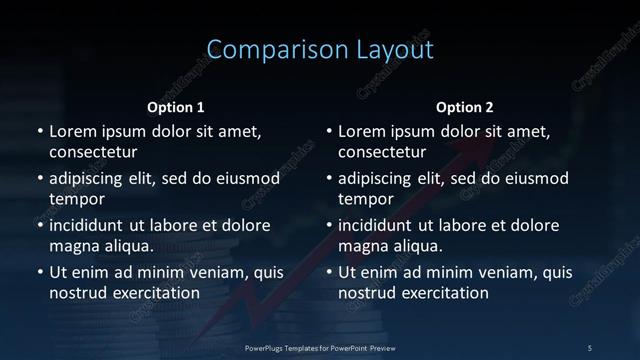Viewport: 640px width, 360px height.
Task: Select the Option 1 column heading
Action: tap(176, 107)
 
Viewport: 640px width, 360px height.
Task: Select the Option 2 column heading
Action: tap(465, 107)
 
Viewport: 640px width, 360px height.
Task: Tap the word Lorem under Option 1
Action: tap(73, 131)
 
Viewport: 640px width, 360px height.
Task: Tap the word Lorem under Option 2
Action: tap(362, 131)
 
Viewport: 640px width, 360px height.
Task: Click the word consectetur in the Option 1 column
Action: tap(93, 152)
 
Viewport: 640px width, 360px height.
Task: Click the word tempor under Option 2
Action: tap(365, 199)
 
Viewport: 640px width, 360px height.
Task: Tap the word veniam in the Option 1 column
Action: tap(204, 272)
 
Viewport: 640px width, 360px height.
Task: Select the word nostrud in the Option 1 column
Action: tap(78, 293)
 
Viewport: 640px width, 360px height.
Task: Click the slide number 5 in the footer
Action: tap(590, 347)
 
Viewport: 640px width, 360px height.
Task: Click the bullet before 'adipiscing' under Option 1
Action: tap(40, 179)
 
